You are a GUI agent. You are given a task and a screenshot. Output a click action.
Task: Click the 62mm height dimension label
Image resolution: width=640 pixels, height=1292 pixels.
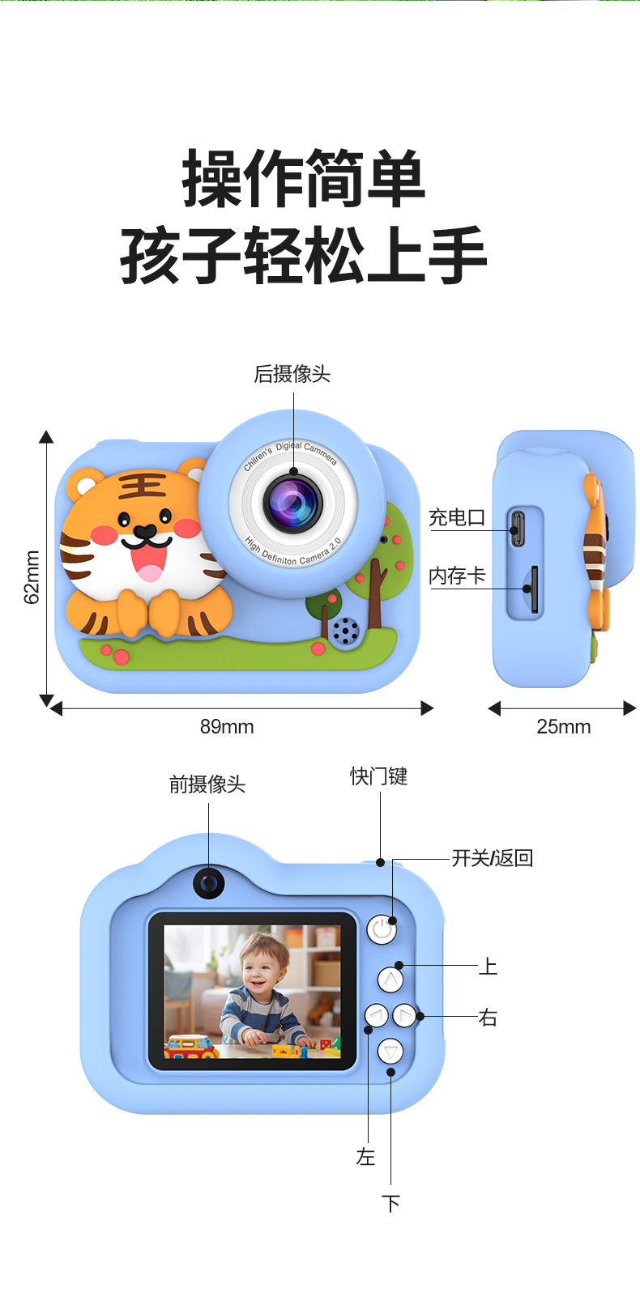32,576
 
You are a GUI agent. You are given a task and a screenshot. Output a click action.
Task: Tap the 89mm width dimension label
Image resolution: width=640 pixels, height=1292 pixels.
227,726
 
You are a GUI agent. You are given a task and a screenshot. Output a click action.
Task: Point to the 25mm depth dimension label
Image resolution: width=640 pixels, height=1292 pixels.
563,726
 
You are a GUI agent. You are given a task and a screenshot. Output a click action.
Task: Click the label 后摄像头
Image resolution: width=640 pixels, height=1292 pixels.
292,374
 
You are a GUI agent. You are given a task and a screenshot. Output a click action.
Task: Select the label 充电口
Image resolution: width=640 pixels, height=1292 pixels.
456,518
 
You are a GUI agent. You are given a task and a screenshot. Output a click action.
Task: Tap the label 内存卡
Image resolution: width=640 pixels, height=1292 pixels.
456,576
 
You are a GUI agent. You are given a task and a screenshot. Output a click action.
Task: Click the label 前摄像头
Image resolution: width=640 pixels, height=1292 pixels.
207,784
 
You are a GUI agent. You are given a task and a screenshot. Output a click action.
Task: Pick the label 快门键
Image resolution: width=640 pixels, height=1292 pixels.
378,776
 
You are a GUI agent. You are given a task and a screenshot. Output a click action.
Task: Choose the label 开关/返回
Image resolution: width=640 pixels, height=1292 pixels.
492,858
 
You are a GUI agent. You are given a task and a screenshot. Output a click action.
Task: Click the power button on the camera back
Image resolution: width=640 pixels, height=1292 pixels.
382,929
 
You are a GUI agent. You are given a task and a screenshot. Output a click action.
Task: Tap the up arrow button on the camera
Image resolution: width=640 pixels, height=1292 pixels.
390,980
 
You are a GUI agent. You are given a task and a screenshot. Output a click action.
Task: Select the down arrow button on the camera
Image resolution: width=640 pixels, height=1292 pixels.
390,1051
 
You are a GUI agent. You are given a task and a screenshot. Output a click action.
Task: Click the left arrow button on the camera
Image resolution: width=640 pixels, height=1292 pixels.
377,1014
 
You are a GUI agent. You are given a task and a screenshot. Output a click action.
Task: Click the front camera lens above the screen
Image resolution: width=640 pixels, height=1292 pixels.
209,882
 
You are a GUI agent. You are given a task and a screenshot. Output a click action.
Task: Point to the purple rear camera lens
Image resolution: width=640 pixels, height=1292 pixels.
292,503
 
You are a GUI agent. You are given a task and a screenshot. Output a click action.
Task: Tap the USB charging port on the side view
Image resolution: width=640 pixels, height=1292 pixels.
517,527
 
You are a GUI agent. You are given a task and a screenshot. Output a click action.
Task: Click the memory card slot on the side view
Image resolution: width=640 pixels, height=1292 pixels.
532,589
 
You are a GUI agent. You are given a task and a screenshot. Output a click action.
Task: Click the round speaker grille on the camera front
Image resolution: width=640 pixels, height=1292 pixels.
345,631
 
